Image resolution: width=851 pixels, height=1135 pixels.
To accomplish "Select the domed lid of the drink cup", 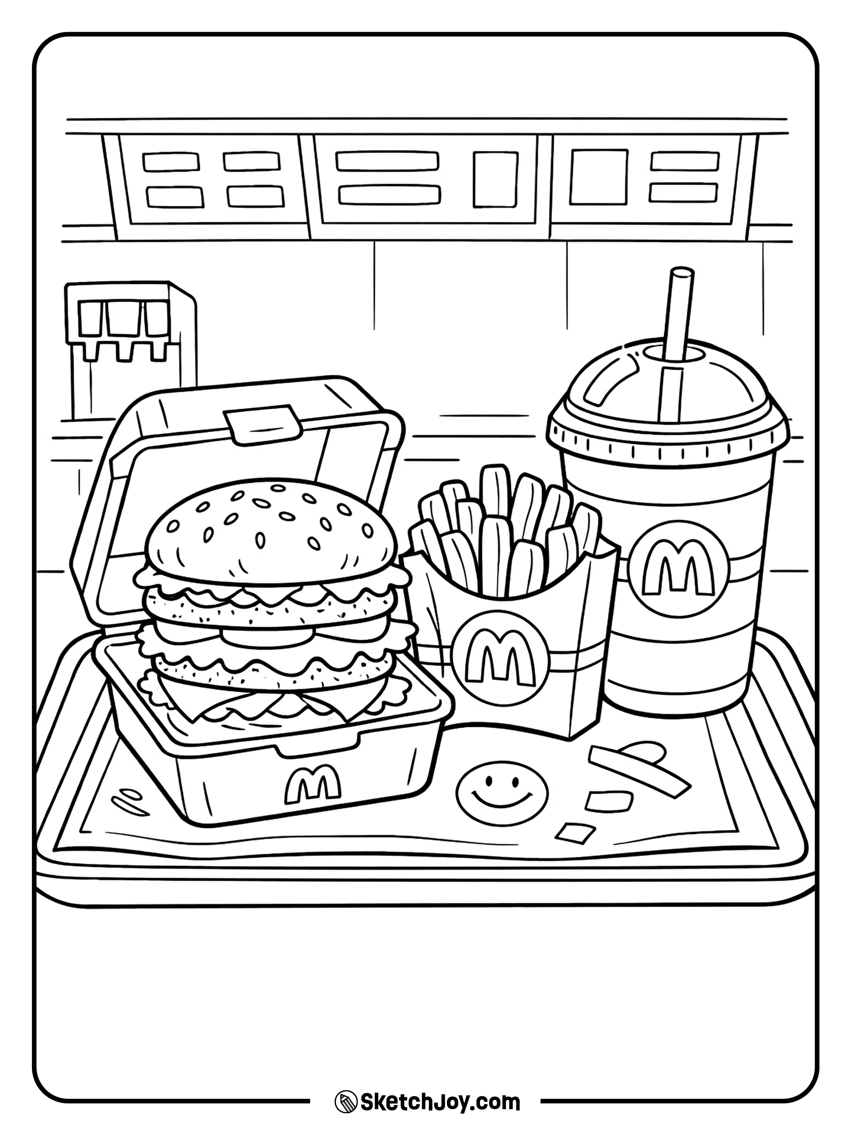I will (x=667, y=390).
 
